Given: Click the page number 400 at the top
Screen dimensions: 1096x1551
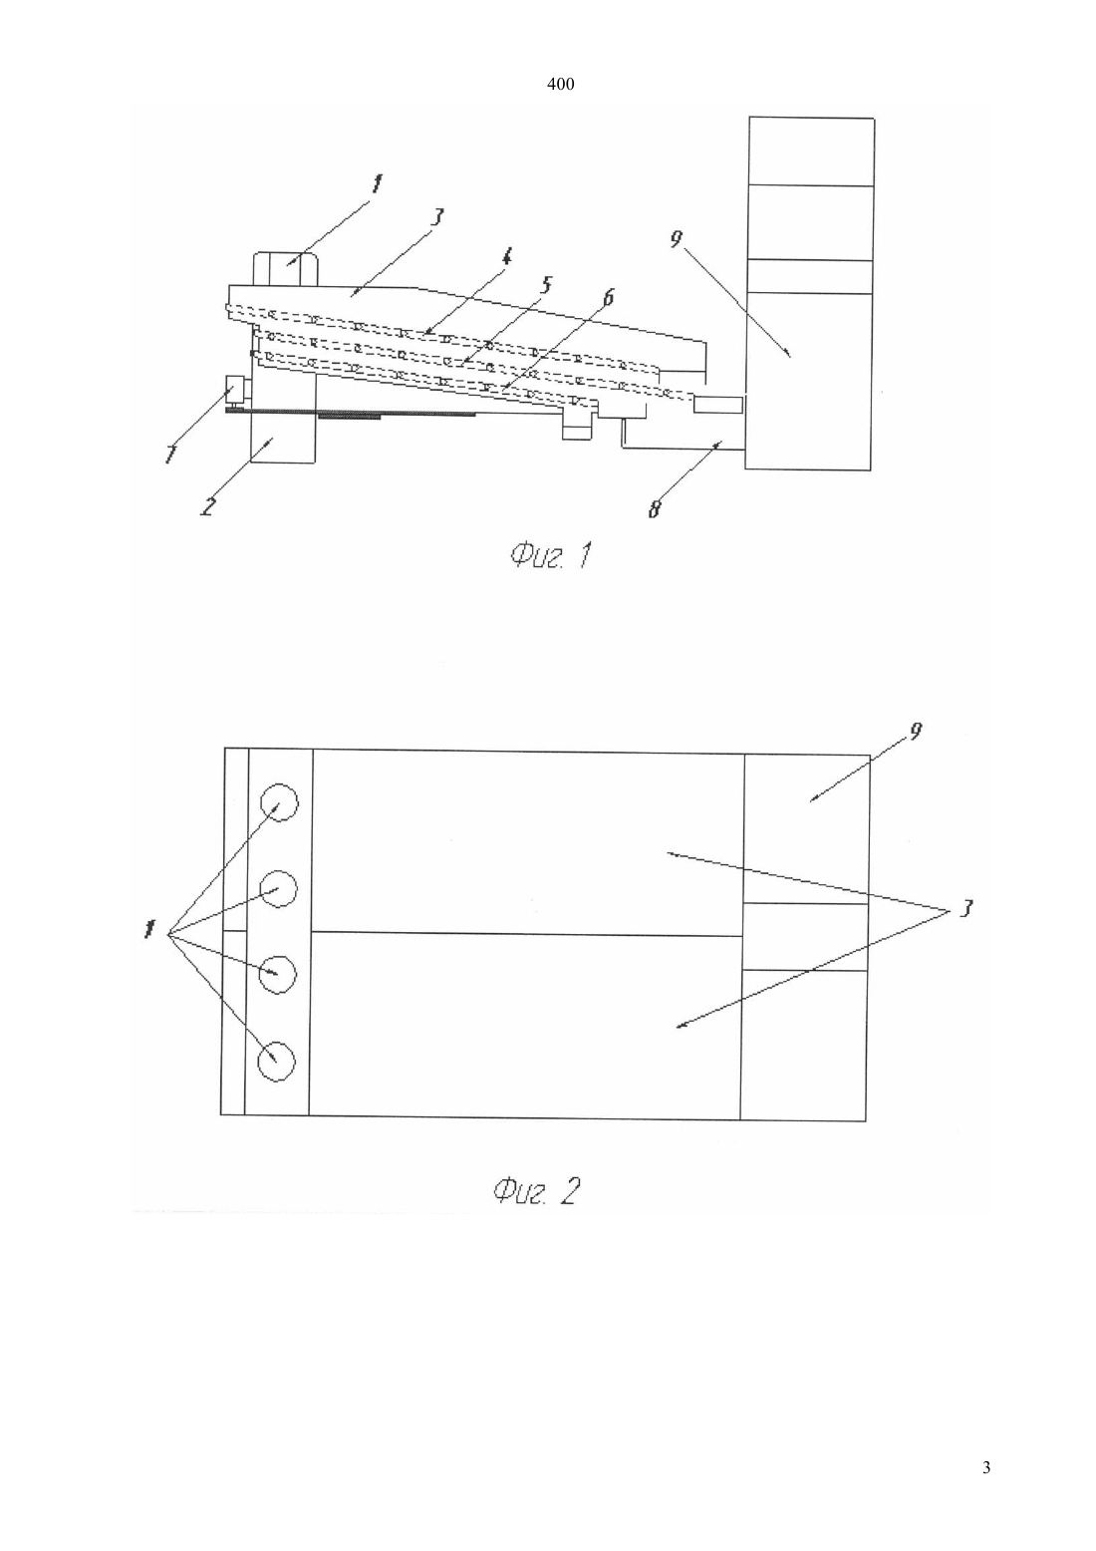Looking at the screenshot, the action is tap(560, 85).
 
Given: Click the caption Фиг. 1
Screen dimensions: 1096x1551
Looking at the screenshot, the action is tap(551, 555).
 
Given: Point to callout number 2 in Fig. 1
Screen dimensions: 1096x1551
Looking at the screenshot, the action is tap(207, 506).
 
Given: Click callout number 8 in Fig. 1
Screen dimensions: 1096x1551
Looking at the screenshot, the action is tap(655, 509).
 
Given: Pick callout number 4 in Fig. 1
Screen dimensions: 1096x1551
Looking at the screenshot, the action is tap(506, 257).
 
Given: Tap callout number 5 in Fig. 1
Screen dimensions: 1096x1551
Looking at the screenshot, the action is tap(546, 284).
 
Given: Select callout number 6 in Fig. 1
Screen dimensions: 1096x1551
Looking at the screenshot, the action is tap(608, 298).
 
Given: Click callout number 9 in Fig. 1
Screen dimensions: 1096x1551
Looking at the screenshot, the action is tap(676, 239).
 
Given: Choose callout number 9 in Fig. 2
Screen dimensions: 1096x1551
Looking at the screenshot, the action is tap(916, 732).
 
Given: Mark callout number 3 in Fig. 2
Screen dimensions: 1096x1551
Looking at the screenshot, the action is tap(965, 908).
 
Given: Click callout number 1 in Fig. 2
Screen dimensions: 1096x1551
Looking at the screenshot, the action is tap(148, 930).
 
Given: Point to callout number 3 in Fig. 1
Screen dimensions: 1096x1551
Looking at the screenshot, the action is tap(436, 217).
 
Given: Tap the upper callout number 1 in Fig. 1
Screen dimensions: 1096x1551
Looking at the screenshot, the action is tap(377, 184).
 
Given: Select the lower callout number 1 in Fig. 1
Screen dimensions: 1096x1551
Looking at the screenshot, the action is tap(169, 454).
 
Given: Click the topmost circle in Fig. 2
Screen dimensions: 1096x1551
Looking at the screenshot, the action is tap(279, 802).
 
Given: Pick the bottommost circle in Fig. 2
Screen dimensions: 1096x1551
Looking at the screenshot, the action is tap(277, 1061).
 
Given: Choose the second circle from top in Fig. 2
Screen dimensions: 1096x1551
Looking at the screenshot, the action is tap(278, 888).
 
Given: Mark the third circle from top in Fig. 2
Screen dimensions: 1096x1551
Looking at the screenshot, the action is tap(277, 974).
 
